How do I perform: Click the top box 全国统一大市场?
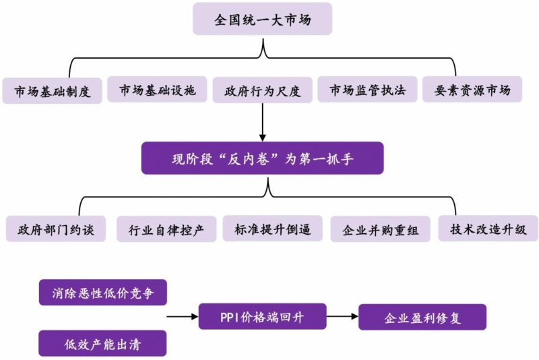(x=263, y=20)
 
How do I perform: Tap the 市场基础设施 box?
(x=157, y=90)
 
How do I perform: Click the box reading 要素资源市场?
(x=472, y=90)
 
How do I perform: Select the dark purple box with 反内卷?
(x=262, y=158)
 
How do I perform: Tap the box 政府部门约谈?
(x=56, y=229)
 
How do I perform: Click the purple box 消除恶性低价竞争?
(x=102, y=293)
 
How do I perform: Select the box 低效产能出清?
(x=102, y=343)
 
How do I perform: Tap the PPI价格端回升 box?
(x=262, y=316)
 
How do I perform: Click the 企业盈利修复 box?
(x=422, y=317)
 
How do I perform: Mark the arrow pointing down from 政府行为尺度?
(x=262, y=121)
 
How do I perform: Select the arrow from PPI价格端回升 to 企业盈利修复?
(x=342, y=316)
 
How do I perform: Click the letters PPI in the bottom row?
(x=229, y=316)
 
